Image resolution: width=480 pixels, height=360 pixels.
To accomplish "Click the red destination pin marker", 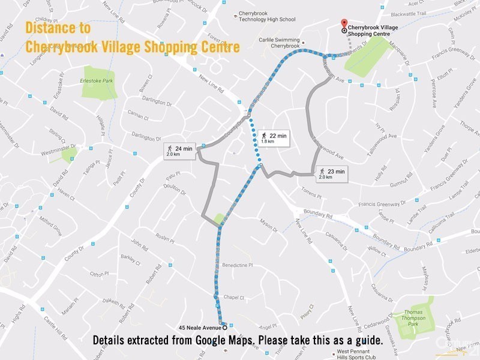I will pyautogui.click(x=343, y=22).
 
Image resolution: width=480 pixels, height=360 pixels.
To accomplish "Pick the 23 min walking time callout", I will pyautogui.click(x=332, y=175).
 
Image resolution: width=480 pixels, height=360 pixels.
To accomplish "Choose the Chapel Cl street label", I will pyautogui.click(x=233, y=297).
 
